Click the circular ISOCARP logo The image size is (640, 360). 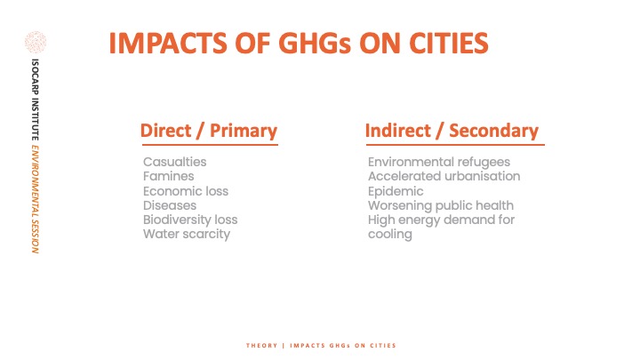[36, 42]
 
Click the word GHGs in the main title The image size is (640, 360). [315, 44]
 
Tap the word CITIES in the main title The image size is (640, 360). [449, 44]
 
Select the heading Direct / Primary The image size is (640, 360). [209, 131]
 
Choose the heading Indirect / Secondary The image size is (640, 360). [452, 131]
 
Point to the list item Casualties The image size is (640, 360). [175, 162]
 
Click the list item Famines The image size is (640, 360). [169, 176]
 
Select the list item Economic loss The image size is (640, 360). [186, 191]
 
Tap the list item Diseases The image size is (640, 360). [170, 205]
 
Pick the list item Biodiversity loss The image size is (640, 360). [190, 220]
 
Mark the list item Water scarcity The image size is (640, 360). [187, 235]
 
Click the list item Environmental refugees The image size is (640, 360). [439, 162]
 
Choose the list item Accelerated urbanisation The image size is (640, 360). [444, 176]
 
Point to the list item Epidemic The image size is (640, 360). [396, 191]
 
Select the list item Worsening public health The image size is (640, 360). [441, 205]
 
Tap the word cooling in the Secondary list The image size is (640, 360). [390, 235]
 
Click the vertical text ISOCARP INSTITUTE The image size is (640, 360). [36, 100]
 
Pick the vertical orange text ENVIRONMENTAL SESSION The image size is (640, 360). [36, 199]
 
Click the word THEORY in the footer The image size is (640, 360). [261, 345]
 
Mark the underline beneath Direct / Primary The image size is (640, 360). [210, 145]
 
